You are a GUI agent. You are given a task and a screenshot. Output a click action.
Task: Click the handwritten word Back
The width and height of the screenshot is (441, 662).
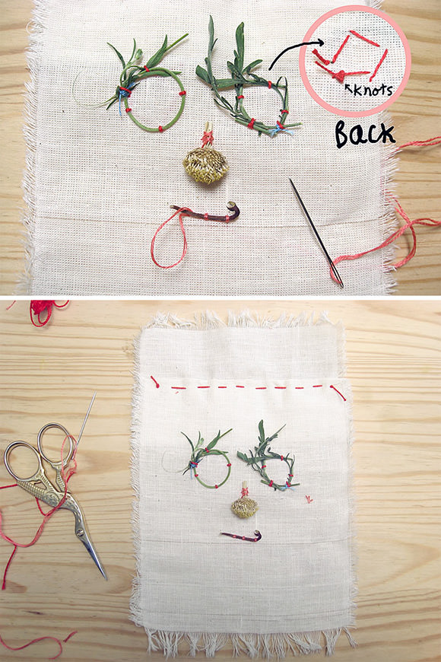tap(365, 134)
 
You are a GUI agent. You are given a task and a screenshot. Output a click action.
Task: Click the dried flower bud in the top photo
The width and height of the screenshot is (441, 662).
tap(205, 164)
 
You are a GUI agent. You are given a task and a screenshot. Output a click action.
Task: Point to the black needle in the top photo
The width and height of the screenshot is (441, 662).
tap(316, 232)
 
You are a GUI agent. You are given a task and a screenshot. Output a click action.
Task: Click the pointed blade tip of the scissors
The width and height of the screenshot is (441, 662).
tap(105, 578)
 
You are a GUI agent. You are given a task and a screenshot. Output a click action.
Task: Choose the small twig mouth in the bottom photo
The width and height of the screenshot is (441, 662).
tap(241, 536)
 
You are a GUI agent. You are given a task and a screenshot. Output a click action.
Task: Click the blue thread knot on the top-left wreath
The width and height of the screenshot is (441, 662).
tap(122, 97)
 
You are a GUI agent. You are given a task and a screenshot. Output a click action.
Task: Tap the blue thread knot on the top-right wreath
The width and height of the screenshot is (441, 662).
tap(280, 129)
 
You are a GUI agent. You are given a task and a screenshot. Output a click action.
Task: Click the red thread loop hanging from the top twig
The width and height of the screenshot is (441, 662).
tap(169, 238)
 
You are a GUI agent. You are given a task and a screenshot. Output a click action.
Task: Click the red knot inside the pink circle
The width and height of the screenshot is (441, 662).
tap(339, 76)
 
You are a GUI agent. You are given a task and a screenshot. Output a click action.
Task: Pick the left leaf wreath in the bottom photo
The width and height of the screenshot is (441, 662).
tap(207, 463)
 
